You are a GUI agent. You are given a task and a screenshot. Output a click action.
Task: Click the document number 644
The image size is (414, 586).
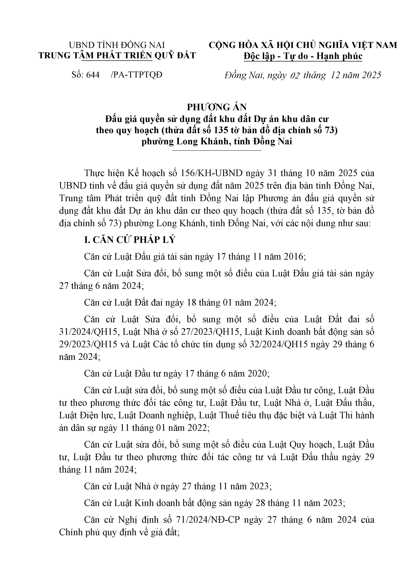(93, 75)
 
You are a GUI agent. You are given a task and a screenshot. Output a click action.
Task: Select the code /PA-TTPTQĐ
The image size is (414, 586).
(137, 75)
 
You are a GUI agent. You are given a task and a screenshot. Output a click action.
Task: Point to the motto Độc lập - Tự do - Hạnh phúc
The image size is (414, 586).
(303, 56)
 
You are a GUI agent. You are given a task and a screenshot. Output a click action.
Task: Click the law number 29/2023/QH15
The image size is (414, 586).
(88, 344)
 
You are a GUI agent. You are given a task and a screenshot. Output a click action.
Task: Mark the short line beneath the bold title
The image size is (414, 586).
(217, 151)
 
